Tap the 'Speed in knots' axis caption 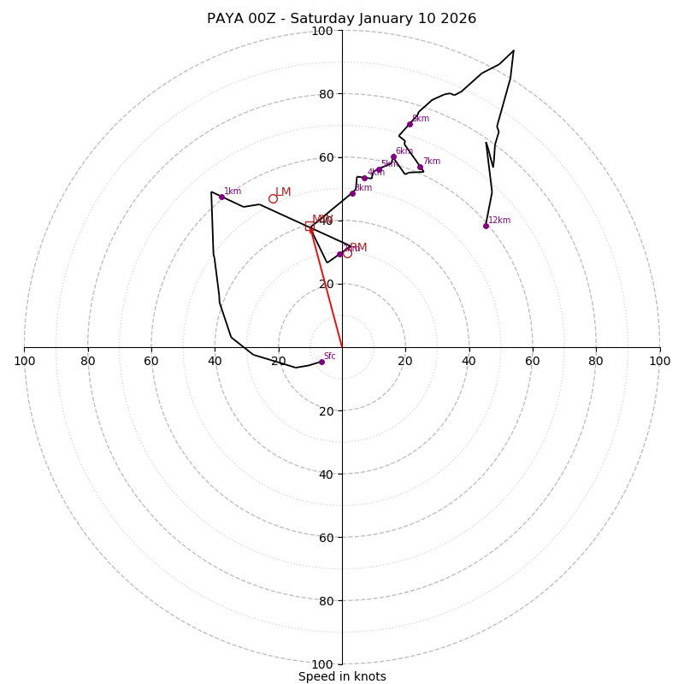342,676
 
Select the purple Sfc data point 321,362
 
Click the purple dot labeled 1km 221,197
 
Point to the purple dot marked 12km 486,226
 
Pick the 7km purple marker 420,167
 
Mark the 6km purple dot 393,156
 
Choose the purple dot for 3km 352,193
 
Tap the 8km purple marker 410,124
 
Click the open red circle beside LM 273,199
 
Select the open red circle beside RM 347,253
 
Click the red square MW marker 310,226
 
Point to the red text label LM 283,192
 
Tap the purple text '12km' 499,221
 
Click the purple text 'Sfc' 329,356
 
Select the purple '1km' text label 233,192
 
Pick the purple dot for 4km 364,178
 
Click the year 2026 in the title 459,19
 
